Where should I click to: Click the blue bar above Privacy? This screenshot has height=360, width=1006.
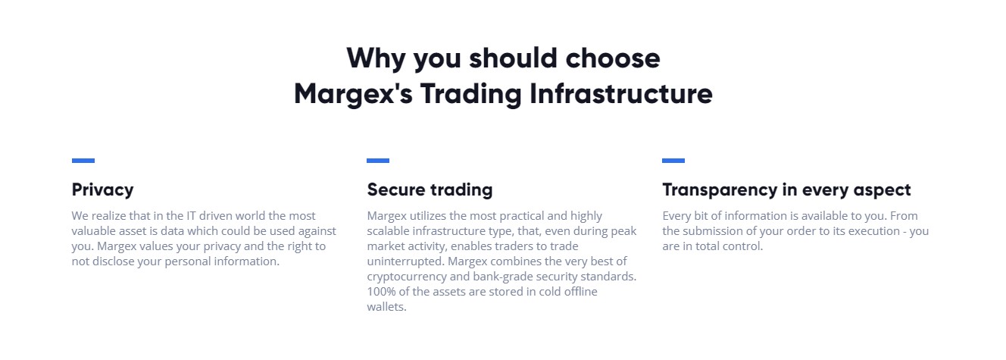tap(83, 161)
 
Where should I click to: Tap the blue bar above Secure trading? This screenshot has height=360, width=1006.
tap(378, 161)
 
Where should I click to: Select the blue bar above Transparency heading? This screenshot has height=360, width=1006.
tap(673, 161)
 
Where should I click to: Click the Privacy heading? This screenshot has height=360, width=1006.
tap(103, 190)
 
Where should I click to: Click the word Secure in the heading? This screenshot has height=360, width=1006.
tap(395, 189)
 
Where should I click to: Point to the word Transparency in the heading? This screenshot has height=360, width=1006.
tap(720, 190)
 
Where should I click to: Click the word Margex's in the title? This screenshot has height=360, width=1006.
tap(353, 94)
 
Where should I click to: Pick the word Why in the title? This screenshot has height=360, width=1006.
tap(376, 59)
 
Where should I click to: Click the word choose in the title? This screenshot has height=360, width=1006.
tap(613, 58)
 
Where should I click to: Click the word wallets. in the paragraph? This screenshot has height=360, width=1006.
tap(386, 307)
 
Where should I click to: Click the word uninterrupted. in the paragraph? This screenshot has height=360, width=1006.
tap(405, 261)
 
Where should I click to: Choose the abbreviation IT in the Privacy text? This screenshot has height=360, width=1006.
tap(192, 216)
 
